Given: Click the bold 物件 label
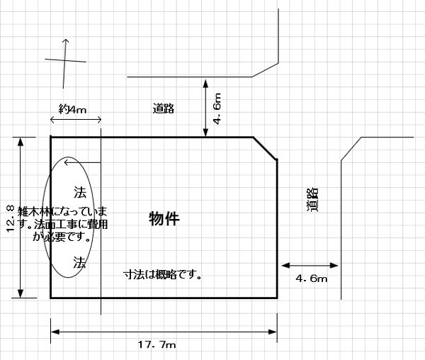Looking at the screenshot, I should pyautogui.click(x=164, y=219).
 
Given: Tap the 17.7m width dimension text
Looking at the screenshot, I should pyautogui.click(x=157, y=344).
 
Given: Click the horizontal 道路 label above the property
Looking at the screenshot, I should pyautogui.click(x=163, y=108).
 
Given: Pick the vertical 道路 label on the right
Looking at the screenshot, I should pyautogui.click(x=313, y=201).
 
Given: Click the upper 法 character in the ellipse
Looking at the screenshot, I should pyautogui.click(x=79, y=192).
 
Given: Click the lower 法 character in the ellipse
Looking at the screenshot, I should pyautogui.click(x=79, y=262).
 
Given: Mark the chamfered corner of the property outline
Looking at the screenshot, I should pyautogui.click(x=265, y=148).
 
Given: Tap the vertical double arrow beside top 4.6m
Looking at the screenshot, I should pyautogui.click(x=205, y=108).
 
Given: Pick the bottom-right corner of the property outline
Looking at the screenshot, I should pyautogui.click(x=276, y=298).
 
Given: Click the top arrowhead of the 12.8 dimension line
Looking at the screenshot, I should pyautogui.click(x=21, y=140).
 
